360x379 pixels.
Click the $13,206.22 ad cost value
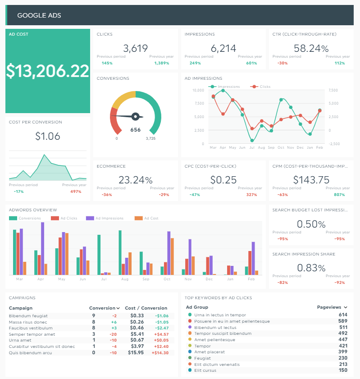48,71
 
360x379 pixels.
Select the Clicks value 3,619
135,48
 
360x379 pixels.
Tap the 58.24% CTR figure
311,48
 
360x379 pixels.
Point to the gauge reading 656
135,130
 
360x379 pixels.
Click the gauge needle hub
134,117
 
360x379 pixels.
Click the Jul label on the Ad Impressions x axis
252,147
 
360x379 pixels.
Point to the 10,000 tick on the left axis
198,90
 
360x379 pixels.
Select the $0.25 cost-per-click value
223,180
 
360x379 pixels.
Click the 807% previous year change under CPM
340,195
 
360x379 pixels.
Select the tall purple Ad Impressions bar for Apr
43,248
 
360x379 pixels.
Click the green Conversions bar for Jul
99,255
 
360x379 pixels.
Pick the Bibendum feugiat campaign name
28,316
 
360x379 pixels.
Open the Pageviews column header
332,307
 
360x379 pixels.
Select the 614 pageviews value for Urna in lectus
343,315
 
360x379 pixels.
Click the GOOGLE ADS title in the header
39,15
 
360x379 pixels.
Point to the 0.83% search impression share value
311,268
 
